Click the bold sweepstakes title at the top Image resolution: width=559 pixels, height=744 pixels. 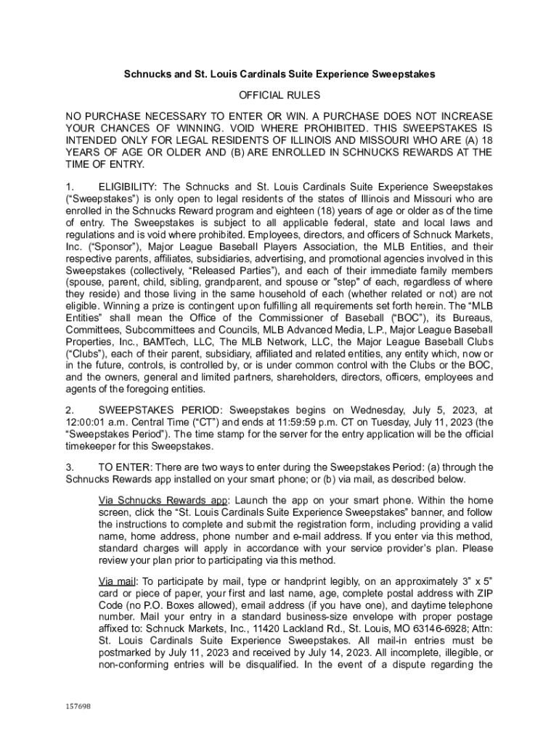click(x=279, y=75)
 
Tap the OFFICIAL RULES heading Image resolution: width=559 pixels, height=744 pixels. click(x=279, y=96)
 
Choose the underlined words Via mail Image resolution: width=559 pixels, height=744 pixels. click(x=117, y=581)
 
